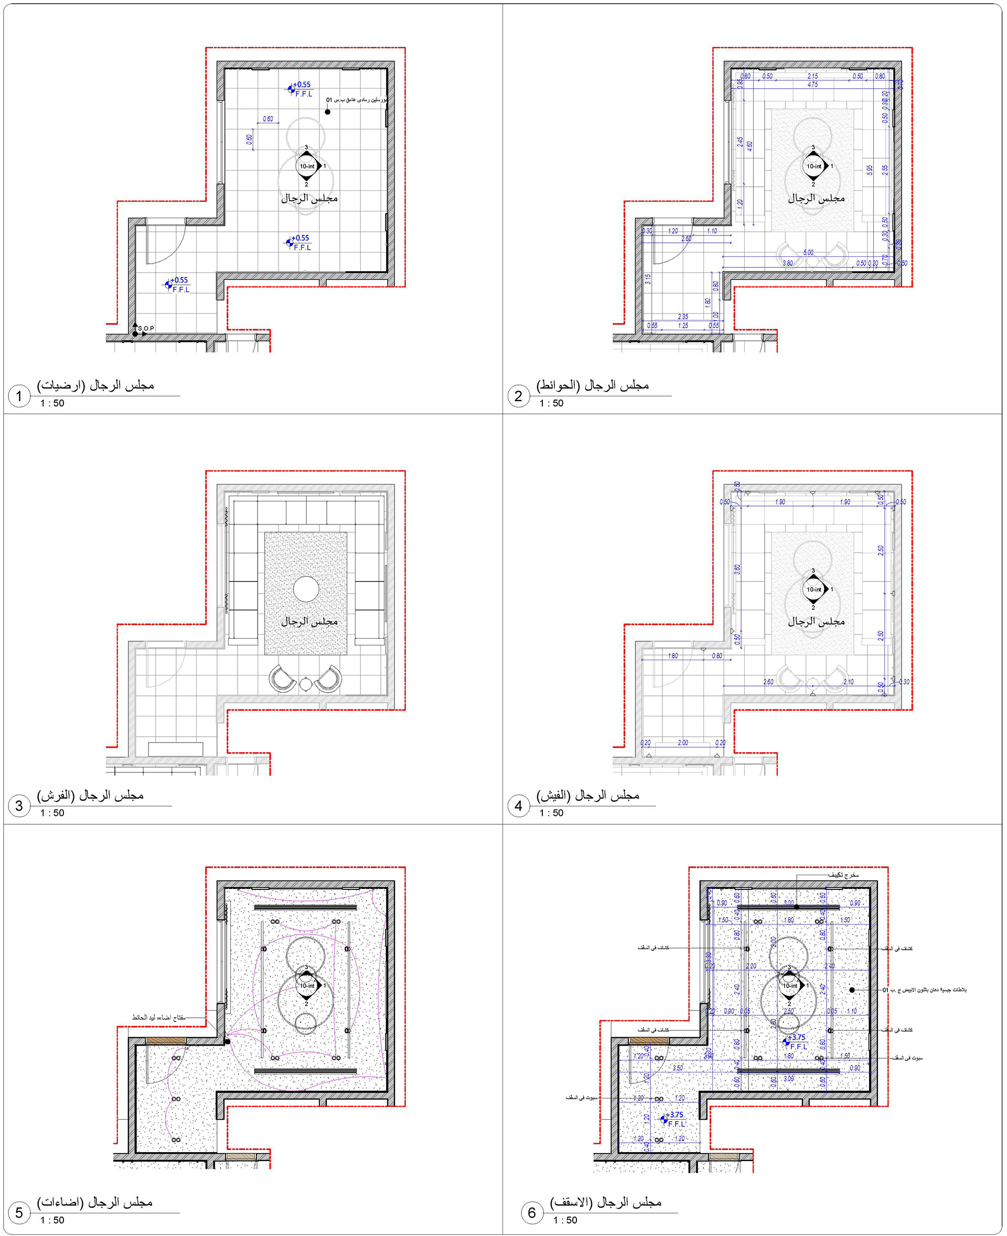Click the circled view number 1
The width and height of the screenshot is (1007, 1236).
point(19,396)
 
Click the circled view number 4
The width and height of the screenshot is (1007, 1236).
point(518,805)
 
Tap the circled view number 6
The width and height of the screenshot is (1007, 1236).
point(531,1213)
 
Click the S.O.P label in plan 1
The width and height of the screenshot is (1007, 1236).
point(146,328)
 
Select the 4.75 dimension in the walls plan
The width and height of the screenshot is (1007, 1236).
point(812,84)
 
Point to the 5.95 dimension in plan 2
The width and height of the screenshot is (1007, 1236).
point(870,170)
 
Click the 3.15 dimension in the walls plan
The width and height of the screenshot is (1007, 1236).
point(648,278)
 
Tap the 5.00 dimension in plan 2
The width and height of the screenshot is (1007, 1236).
point(808,252)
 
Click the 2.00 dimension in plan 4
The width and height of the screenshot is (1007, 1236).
point(683,743)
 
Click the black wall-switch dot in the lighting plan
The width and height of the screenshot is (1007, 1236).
point(228,1041)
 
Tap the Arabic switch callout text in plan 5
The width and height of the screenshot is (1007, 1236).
point(158,1017)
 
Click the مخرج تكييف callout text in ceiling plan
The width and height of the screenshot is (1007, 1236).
point(843,875)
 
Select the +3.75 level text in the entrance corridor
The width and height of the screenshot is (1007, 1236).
point(675,1115)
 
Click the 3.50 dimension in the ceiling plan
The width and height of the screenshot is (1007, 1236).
point(678,1068)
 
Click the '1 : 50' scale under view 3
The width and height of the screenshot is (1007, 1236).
point(52,813)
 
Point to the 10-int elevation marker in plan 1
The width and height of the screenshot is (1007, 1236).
point(307,166)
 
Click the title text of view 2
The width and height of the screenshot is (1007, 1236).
point(592,385)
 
